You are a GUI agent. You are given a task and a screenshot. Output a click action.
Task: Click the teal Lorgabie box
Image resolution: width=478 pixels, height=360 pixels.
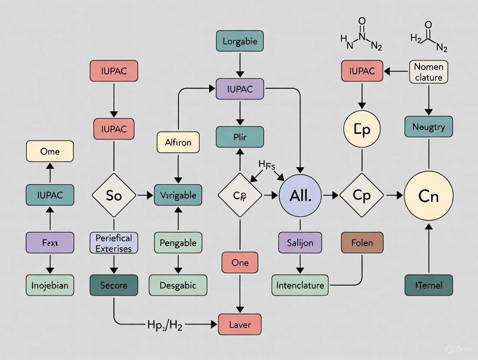(239, 42)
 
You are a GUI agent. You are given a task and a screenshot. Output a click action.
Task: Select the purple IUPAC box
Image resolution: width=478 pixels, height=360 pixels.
(239, 90)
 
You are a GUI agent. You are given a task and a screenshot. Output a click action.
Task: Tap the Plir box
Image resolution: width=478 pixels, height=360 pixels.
(239, 137)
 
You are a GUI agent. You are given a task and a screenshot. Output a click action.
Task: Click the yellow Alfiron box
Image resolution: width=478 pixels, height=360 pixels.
(178, 142)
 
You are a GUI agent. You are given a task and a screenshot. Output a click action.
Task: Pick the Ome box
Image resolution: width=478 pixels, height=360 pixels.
(50, 151)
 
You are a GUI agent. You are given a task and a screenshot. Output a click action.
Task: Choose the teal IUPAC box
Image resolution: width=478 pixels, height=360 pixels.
(50, 195)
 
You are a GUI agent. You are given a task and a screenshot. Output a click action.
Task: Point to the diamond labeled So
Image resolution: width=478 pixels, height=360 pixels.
(114, 196)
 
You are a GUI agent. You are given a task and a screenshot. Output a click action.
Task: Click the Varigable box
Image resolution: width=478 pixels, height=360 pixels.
(178, 195)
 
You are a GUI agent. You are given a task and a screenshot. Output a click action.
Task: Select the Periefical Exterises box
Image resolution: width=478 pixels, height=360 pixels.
(114, 243)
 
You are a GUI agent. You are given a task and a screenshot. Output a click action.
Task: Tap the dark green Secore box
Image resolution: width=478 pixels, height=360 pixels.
(114, 285)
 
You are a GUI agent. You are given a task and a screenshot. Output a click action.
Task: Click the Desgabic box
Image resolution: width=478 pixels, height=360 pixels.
(178, 285)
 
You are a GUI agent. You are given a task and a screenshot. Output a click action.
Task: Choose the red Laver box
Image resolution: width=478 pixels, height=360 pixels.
(239, 325)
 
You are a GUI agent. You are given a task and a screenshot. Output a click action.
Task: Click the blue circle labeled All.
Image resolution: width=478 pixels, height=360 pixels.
(300, 196)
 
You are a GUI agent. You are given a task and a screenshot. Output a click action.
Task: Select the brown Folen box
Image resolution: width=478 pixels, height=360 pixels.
(362, 242)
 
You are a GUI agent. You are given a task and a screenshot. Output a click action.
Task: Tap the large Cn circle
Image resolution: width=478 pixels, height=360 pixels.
(428, 196)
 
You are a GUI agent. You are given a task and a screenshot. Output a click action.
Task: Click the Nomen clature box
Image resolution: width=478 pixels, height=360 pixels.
(428, 72)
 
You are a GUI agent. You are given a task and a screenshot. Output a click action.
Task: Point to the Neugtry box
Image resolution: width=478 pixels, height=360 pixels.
(428, 127)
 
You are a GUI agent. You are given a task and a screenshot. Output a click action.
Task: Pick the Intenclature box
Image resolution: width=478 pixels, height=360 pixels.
(300, 285)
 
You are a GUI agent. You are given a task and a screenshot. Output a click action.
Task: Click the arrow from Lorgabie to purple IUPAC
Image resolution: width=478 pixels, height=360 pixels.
(239, 66)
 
